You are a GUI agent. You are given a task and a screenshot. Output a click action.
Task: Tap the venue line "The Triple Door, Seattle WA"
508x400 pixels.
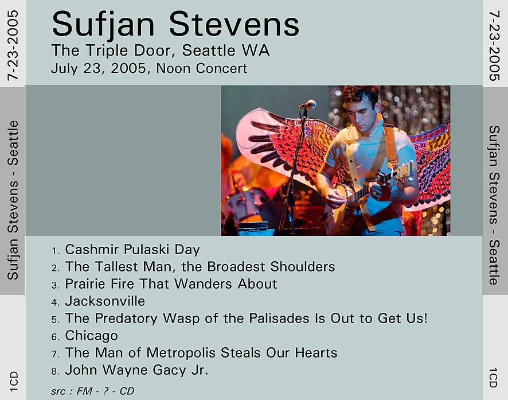(x=161, y=51)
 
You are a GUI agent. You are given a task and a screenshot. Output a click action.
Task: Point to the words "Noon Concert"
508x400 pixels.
(x=201, y=68)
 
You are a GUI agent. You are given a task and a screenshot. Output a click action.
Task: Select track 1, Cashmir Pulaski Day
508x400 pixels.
(x=132, y=250)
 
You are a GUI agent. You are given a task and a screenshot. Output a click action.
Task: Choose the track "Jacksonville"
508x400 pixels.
(x=105, y=301)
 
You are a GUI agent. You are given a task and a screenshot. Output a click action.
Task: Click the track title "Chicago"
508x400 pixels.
(x=91, y=336)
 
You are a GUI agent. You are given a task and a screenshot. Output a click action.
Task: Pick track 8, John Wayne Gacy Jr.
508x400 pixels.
(x=136, y=370)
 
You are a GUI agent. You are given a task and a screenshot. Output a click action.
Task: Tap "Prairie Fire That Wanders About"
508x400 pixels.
(x=171, y=284)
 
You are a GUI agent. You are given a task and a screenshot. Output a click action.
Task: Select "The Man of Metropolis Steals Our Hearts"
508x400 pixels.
(x=201, y=353)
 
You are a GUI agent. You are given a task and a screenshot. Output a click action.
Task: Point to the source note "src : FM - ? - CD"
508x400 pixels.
(x=93, y=391)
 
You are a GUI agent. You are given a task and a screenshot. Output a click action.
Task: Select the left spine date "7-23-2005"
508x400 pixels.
(x=13, y=45)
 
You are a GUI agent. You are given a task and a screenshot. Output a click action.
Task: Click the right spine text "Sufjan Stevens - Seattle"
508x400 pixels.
(x=494, y=205)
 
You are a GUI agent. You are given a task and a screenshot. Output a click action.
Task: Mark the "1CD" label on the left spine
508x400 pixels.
(x=14, y=382)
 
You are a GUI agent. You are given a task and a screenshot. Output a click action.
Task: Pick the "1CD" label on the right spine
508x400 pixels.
(x=493, y=378)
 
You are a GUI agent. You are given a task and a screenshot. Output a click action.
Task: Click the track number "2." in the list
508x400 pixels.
(x=56, y=269)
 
